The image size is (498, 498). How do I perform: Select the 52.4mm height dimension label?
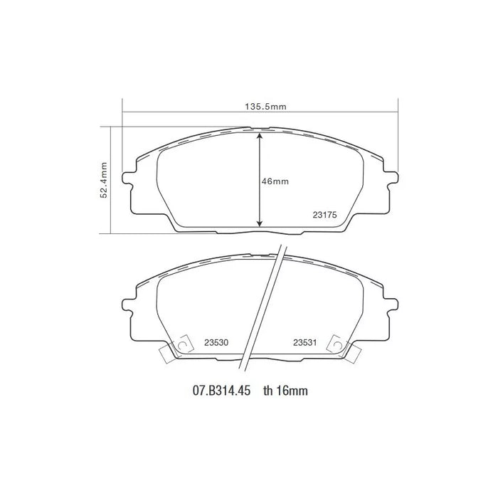pyautogui.click(x=104, y=181)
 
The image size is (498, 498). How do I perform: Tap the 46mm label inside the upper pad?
pyautogui.click(x=275, y=181)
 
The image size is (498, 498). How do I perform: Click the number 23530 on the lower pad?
pyautogui.click(x=216, y=342)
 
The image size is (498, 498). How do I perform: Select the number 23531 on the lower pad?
pyautogui.click(x=305, y=342)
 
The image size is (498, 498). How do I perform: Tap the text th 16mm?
pyautogui.click(x=285, y=391)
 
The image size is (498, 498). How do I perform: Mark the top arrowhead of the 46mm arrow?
pyautogui.click(x=260, y=135)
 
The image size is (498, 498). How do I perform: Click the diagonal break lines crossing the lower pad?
pyautogui.click(x=262, y=306)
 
